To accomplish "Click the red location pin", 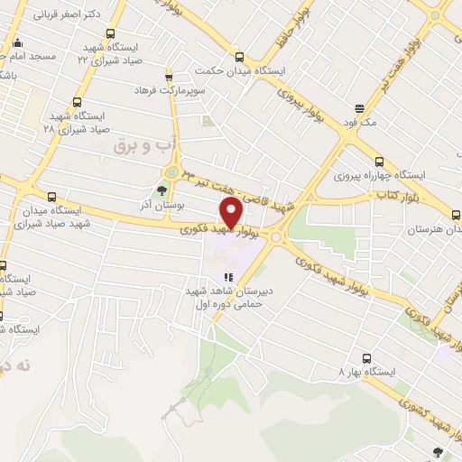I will pos(232,213).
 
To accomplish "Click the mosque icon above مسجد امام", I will pos(15,42).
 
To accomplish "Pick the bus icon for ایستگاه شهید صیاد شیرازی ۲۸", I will pos(76,102).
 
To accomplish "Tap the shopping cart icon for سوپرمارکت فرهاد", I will pos(168,77).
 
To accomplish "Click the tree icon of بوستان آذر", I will pos(162,190).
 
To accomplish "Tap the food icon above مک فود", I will pos(359,106).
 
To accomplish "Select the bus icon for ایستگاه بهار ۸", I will pos(366,357).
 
